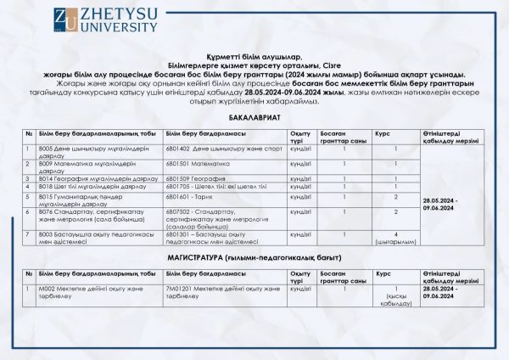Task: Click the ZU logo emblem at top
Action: point(64,20)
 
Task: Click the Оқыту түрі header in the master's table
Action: point(299,278)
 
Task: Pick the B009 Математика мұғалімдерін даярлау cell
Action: point(90,164)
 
